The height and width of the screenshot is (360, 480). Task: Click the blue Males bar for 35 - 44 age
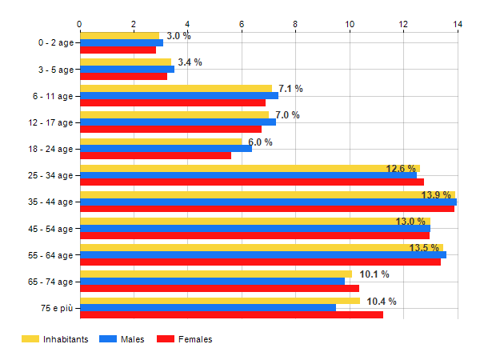[268, 202]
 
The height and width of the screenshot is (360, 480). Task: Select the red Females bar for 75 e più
[231, 314]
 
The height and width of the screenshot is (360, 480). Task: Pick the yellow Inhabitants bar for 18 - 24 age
[160, 142]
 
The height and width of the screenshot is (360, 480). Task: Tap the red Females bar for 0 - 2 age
[118, 50]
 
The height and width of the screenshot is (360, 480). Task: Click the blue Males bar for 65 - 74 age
[212, 281]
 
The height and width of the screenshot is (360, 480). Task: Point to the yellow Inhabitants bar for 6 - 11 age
[176, 88]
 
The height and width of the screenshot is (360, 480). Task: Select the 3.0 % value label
[178, 36]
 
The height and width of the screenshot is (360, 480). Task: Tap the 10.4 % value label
[382, 302]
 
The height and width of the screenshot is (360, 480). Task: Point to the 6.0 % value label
[260, 142]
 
